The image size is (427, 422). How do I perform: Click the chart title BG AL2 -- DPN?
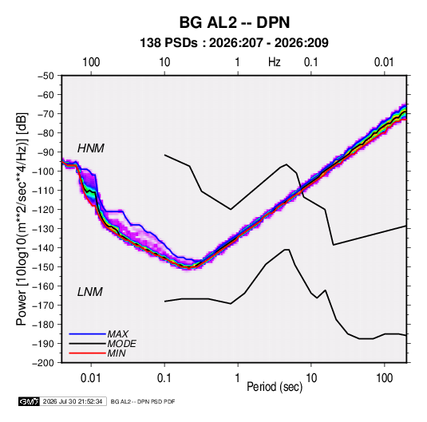(x=235, y=22)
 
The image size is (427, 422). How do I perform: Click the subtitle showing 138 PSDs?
(x=234, y=43)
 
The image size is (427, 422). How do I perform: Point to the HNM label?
(x=91, y=148)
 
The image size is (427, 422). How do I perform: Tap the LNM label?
(x=90, y=292)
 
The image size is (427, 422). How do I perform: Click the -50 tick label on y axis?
(x=45, y=76)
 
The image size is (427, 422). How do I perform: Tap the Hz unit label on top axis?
(x=275, y=62)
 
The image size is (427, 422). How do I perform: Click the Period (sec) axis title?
(x=275, y=387)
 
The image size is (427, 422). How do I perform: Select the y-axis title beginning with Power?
(x=22, y=219)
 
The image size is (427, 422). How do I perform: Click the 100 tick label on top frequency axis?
(x=91, y=62)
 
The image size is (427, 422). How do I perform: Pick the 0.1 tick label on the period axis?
(x=164, y=378)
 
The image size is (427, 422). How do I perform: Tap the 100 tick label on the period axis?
(x=384, y=378)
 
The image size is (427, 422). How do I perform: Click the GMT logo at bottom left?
(x=30, y=401)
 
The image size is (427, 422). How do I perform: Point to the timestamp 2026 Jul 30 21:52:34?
(x=73, y=401)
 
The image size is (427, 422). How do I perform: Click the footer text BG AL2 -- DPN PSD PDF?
(x=143, y=401)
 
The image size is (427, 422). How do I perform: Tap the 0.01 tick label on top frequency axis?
(x=384, y=62)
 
